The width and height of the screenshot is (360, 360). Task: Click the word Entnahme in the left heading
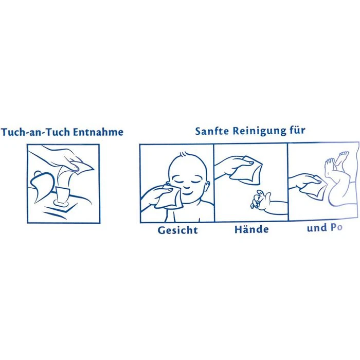pyautogui.click(x=98, y=132)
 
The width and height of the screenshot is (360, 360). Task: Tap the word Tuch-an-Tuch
pyautogui.click(x=35, y=132)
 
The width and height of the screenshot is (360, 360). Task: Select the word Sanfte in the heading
pyautogui.click(x=212, y=131)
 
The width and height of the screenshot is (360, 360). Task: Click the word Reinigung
pyautogui.click(x=260, y=131)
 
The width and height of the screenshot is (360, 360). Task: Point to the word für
pyautogui.click(x=298, y=130)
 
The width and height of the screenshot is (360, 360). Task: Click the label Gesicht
pyautogui.click(x=178, y=230)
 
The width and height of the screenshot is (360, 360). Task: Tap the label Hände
pyautogui.click(x=251, y=229)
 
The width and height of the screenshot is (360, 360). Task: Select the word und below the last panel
pyautogui.click(x=317, y=228)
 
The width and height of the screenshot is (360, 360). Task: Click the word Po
pyautogui.click(x=336, y=227)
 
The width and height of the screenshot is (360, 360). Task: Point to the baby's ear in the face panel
pyautogui.click(x=207, y=187)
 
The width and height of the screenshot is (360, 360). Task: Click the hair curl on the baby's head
pyautogui.click(x=184, y=154)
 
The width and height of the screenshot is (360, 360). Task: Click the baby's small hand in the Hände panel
pyautogui.click(x=259, y=199)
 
